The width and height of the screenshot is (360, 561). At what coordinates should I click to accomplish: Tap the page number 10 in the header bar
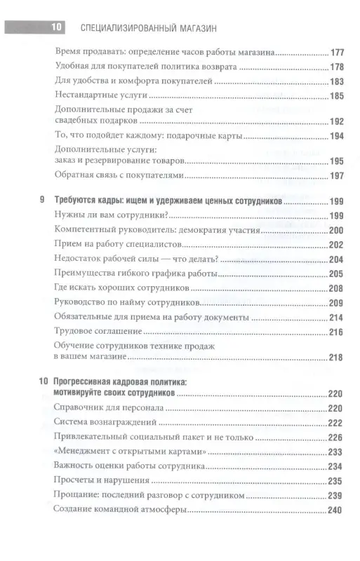click(x=55, y=27)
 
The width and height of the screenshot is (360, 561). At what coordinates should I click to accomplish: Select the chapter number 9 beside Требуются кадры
click(x=44, y=201)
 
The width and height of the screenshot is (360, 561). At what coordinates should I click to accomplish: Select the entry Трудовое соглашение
click(x=93, y=332)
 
